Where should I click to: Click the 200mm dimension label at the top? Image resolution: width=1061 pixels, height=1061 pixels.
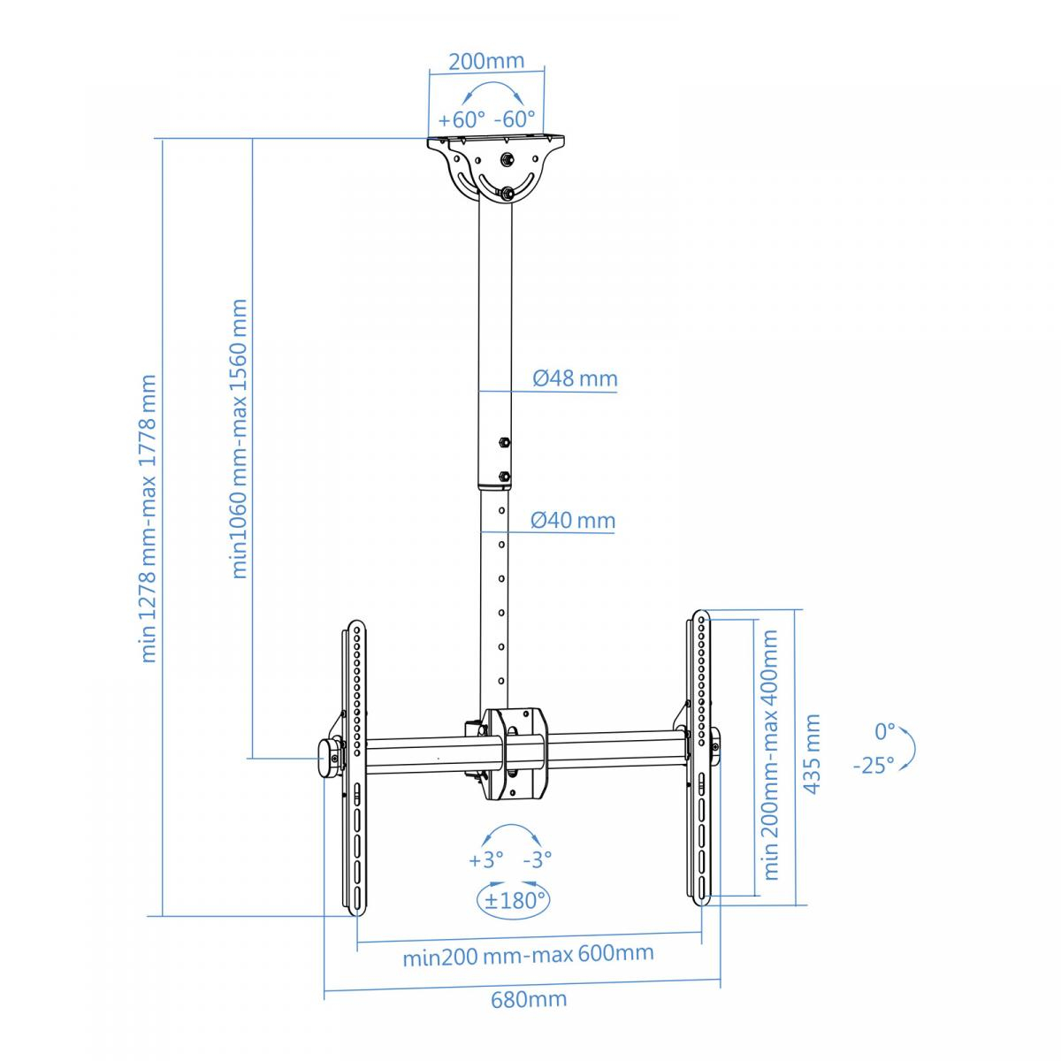[486, 61]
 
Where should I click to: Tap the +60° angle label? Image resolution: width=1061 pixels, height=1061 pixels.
[462, 119]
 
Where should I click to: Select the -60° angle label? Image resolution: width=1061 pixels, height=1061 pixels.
[515, 118]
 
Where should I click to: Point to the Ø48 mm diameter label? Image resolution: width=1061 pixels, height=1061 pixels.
[575, 378]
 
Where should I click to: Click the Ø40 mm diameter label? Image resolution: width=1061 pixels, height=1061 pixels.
[573, 520]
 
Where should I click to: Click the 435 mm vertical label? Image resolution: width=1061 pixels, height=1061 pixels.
[813, 754]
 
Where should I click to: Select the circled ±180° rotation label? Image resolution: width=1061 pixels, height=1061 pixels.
[513, 901]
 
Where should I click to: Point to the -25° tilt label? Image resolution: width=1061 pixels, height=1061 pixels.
[874, 766]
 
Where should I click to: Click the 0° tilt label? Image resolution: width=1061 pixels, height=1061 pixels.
[885, 732]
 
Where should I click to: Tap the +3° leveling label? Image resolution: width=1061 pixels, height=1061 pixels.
[485, 859]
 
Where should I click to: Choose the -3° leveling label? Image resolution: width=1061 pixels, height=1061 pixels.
[538, 859]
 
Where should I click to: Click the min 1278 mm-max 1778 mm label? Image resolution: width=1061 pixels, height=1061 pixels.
[149, 518]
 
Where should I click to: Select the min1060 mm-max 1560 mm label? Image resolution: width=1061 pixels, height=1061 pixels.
[239, 439]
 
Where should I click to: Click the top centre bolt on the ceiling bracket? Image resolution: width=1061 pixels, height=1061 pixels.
[506, 160]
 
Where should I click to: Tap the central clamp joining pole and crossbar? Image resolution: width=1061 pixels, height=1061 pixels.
[514, 754]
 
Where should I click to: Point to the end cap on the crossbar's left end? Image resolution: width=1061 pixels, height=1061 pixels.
[329, 758]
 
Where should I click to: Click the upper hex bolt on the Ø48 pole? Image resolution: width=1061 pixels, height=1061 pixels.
[503, 442]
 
